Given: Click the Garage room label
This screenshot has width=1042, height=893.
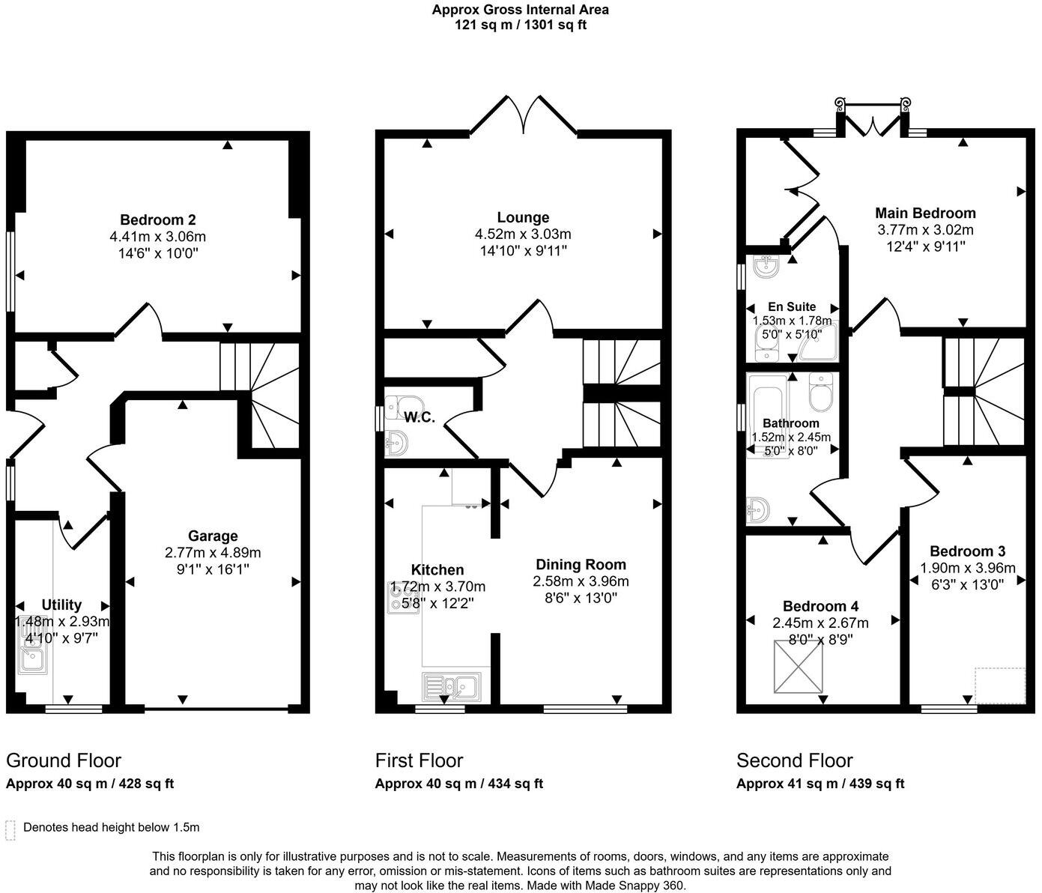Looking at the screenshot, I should pos(213,536).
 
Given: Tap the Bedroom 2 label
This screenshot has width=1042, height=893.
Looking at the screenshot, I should pos(158,220).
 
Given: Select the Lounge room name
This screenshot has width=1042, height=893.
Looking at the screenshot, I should pos(523,218).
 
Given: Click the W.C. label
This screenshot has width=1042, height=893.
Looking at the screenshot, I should pos(419,418).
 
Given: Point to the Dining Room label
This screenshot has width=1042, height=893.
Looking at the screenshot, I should pos(581,565).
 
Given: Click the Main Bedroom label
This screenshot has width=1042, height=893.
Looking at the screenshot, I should pos(925,213).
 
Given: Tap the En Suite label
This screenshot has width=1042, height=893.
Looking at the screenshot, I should pos(792,306).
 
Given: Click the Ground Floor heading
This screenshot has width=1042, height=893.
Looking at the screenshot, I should pos(64,760).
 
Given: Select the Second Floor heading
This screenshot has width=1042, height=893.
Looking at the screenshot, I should pos(794,760).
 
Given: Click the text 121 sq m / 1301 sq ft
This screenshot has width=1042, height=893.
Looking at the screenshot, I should pos(520,25).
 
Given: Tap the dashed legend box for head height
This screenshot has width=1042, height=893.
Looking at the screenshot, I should pos(10,829).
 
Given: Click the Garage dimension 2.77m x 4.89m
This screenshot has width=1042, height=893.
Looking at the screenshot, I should pos(213,553).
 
